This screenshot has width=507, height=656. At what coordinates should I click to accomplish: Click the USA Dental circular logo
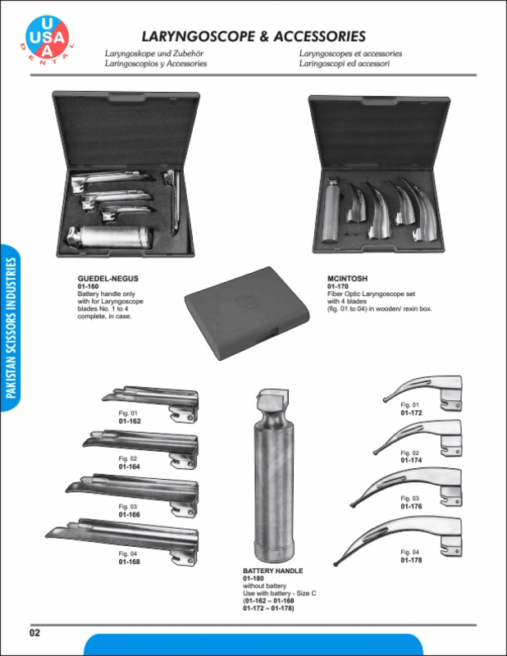[x=48, y=38]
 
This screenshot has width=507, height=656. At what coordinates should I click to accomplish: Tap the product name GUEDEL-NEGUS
[x=107, y=279]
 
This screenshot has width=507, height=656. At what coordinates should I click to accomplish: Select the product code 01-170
[x=337, y=286]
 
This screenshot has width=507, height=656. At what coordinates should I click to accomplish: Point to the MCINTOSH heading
[x=347, y=279]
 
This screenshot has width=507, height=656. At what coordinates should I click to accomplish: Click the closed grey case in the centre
[x=247, y=313]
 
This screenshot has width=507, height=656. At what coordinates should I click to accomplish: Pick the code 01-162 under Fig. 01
[x=130, y=421]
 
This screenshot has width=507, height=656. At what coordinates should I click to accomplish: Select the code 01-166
[x=129, y=515]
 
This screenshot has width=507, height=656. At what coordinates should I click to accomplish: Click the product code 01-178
[x=411, y=560]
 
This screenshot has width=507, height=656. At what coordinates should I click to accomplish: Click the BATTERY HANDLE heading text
[x=272, y=571]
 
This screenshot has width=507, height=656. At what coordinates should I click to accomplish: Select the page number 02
[x=34, y=632]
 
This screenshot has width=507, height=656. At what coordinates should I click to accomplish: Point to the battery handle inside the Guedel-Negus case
[x=110, y=238]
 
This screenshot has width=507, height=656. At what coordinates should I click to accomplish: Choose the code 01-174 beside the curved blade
[x=411, y=460]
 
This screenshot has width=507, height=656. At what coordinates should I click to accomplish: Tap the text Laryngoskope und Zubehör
[x=154, y=53]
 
